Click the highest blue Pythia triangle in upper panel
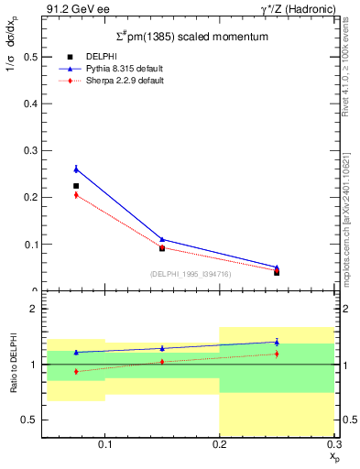76,169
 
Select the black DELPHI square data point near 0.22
76,186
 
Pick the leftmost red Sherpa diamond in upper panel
76,195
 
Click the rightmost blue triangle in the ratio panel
277,342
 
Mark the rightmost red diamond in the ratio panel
277,354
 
